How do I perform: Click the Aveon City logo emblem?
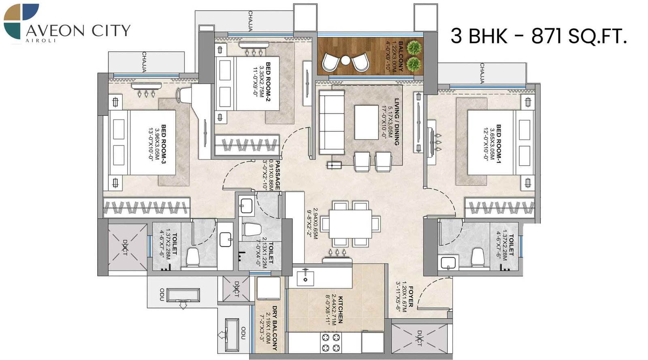click(21, 21)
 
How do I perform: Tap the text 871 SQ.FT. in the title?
click(579, 36)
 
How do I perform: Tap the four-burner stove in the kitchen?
click(331, 342)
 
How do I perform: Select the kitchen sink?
click(305, 278)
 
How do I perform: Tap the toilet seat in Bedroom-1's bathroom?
click(478, 258)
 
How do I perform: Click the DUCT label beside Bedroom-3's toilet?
click(125, 247)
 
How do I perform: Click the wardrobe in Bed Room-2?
click(247, 145)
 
